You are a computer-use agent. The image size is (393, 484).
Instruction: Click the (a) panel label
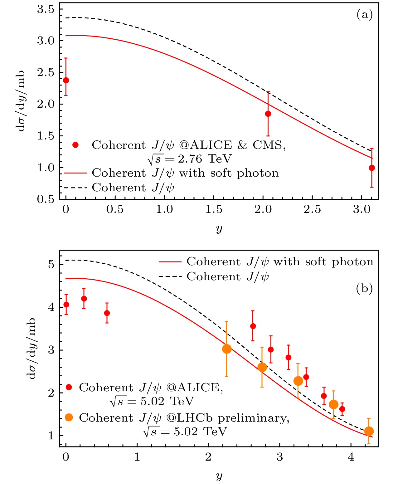click(365, 14)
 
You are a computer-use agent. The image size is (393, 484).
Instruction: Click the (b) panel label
click(364, 288)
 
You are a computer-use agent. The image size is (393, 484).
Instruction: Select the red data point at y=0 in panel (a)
click(66, 80)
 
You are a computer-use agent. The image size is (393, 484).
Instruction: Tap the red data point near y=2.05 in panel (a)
click(268, 114)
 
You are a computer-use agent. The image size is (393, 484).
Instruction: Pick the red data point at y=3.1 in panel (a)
click(372, 168)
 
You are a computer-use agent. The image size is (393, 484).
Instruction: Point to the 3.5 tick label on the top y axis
click(46, 9)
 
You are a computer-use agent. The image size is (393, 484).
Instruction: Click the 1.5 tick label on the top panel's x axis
click(214, 209)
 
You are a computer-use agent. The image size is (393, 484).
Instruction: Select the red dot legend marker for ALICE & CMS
click(75, 145)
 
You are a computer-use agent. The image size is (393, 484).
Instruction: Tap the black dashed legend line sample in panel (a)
click(75, 188)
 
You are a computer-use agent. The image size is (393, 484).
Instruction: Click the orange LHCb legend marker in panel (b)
click(69, 418)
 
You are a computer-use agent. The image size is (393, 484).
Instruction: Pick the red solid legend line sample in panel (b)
click(170, 262)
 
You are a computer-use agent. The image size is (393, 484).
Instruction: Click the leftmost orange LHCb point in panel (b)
click(227, 349)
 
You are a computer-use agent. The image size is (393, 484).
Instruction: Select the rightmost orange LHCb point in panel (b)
click(369, 431)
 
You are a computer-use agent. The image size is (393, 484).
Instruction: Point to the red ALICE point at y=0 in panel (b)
click(66, 305)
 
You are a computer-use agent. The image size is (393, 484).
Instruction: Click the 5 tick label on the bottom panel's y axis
click(51, 265)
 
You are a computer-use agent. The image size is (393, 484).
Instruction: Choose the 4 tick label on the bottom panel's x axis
click(351, 457)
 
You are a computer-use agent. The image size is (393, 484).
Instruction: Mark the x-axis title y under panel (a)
click(219, 228)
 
